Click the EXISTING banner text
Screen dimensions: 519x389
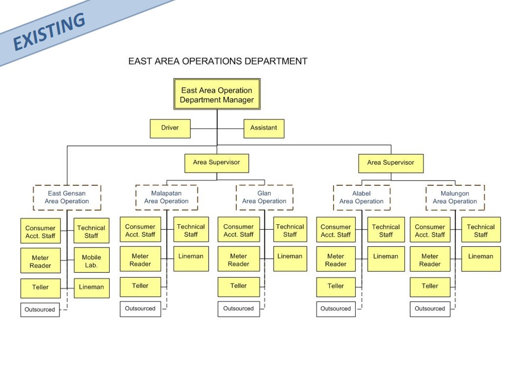click(49, 31)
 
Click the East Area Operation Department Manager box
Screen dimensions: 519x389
click(217, 94)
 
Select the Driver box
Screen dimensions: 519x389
click(170, 129)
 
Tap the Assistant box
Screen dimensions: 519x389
click(264, 129)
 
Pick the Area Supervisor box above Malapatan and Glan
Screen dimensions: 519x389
click(216, 163)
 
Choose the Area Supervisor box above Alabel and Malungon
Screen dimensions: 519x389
click(391, 163)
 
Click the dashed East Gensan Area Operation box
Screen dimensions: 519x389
click(67, 198)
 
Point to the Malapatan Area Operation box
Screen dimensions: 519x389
click(167, 198)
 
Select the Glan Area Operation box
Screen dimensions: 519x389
click(264, 198)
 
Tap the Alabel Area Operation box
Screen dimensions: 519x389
click(362, 198)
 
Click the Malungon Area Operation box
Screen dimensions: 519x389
click(455, 198)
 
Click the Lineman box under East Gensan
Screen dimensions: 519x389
click(91, 288)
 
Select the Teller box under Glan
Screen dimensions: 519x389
click(238, 287)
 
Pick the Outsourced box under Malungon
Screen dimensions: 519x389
click(430, 309)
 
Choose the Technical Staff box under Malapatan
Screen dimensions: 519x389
click(191, 230)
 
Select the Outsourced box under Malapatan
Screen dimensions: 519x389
click(141, 309)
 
